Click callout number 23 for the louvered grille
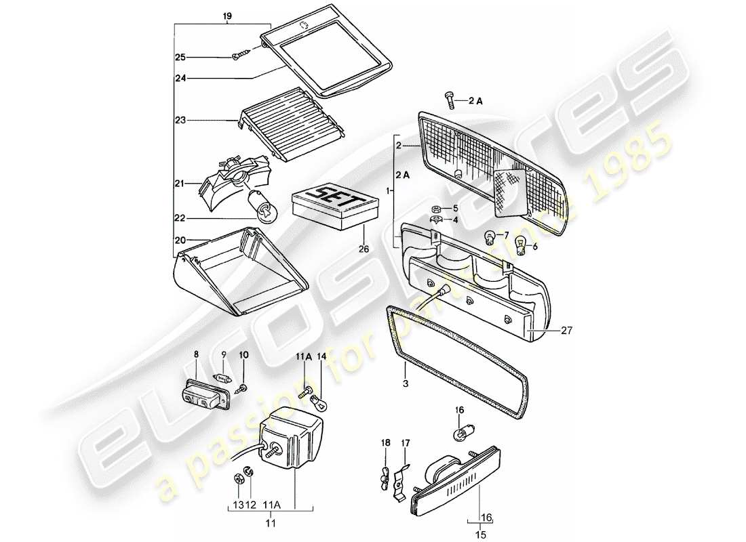point(181,121)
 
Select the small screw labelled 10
point(243,388)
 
